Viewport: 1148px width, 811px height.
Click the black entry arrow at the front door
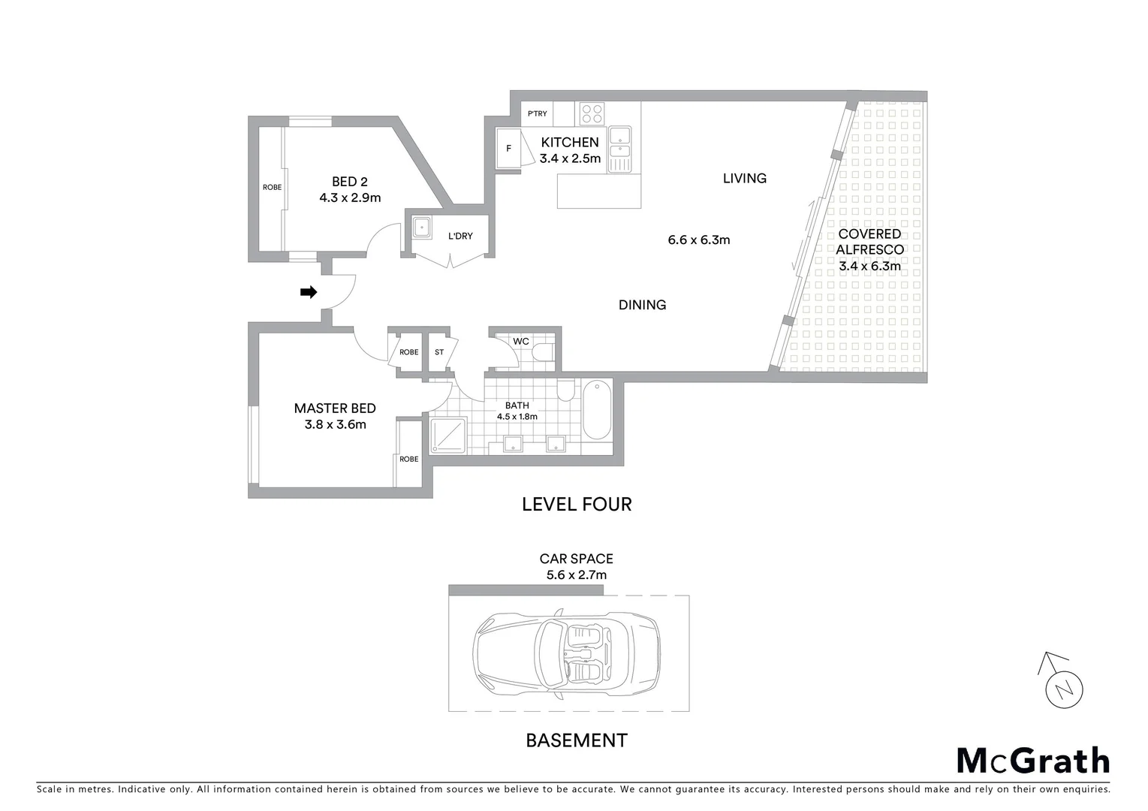click(308, 292)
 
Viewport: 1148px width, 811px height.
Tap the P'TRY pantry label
click(537, 114)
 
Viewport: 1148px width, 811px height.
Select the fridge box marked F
click(509, 149)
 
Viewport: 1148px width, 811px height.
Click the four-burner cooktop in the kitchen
click(592, 113)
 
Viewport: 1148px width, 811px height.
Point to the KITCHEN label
click(570, 142)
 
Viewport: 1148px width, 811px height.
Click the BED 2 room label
click(350, 181)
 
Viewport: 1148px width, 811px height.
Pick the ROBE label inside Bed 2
click(272, 187)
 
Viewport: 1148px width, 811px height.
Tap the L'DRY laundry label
click(460, 236)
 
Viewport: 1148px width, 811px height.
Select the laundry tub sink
click(422, 226)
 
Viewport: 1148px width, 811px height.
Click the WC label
click(520, 341)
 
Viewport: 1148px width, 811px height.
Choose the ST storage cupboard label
click(439, 351)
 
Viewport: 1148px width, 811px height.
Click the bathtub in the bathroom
click(598, 410)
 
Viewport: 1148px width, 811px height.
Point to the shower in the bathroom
click(448, 436)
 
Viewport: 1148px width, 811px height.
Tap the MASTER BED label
click(335, 409)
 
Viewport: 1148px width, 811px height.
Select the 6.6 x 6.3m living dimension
click(698, 240)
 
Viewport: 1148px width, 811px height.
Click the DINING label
click(642, 305)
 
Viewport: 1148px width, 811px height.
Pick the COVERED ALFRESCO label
click(869, 242)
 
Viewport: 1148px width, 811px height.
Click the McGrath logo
click(1032, 761)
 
